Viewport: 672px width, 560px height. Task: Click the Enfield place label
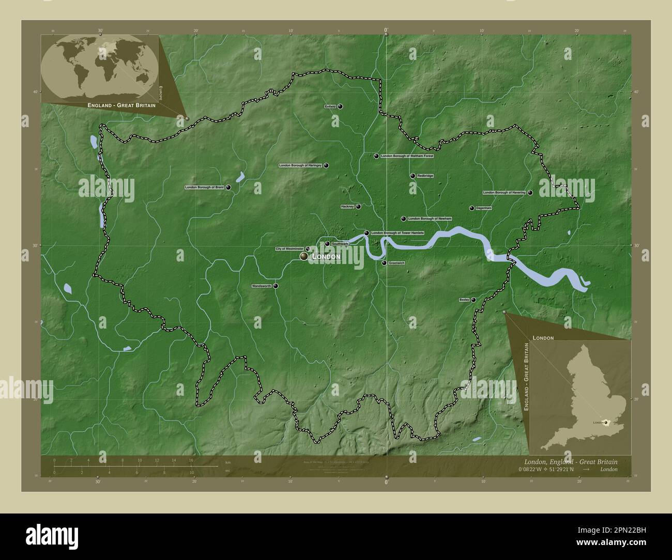(330, 106)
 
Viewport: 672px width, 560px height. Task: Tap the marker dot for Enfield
(340, 106)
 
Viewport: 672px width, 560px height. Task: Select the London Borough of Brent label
(204, 188)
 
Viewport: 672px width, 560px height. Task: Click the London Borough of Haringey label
(300, 165)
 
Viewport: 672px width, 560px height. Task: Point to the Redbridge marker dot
(413, 176)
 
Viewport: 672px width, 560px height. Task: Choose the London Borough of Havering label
(504, 193)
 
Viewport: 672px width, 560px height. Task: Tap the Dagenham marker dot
(471, 208)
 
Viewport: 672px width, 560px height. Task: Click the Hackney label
(347, 207)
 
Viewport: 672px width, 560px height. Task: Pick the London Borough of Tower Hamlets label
(398, 233)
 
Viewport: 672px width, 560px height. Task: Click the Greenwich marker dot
(384, 263)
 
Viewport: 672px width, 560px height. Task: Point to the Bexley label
(464, 300)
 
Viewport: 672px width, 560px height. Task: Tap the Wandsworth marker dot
(276, 286)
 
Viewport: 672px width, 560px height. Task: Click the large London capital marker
(304, 256)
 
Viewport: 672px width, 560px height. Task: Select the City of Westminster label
(289, 249)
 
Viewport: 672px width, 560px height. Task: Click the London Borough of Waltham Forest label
(407, 156)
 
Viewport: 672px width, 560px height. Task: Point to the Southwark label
(340, 244)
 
